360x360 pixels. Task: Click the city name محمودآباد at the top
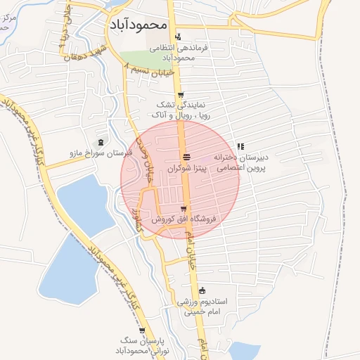tap(139, 24)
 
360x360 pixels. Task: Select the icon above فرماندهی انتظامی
tap(178, 37)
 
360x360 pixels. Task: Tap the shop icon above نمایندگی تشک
tap(181, 96)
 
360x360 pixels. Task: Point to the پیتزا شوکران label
tap(186, 169)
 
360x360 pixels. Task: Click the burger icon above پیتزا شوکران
tap(186, 157)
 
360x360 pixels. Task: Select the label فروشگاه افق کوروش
tap(184, 219)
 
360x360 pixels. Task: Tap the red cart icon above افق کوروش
tap(184, 208)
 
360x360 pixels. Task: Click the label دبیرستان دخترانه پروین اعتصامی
tap(241, 164)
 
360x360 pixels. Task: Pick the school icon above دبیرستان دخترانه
tap(241, 147)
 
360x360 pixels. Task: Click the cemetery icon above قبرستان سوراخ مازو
tap(101, 141)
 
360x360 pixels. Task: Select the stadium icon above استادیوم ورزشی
tap(202, 290)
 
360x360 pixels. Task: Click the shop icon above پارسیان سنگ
tap(142, 330)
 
